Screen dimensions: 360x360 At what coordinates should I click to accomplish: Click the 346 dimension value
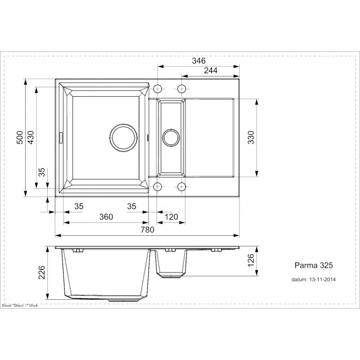(199, 61)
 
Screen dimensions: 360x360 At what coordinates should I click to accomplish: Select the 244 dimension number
(211, 71)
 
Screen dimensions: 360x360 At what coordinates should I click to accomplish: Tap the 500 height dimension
(20, 137)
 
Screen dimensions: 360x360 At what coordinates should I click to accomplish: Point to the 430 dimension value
(31, 137)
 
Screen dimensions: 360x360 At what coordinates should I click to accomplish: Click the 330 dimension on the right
(251, 137)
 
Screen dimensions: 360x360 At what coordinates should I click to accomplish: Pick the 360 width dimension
(106, 217)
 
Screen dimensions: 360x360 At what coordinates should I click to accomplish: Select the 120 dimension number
(171, 217)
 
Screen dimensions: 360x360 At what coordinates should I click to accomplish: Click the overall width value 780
(148, 229)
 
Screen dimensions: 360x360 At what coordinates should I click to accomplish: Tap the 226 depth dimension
(42, 273)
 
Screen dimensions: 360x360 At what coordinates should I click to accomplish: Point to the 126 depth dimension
(251, 260)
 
